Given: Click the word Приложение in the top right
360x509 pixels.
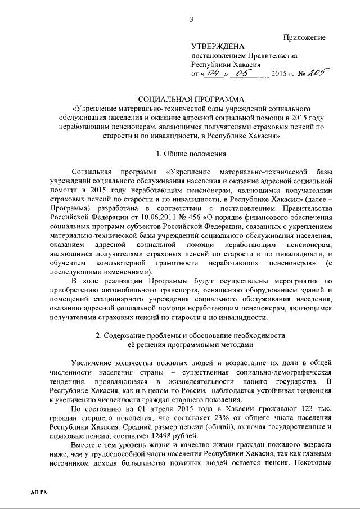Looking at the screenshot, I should pos(304,37).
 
